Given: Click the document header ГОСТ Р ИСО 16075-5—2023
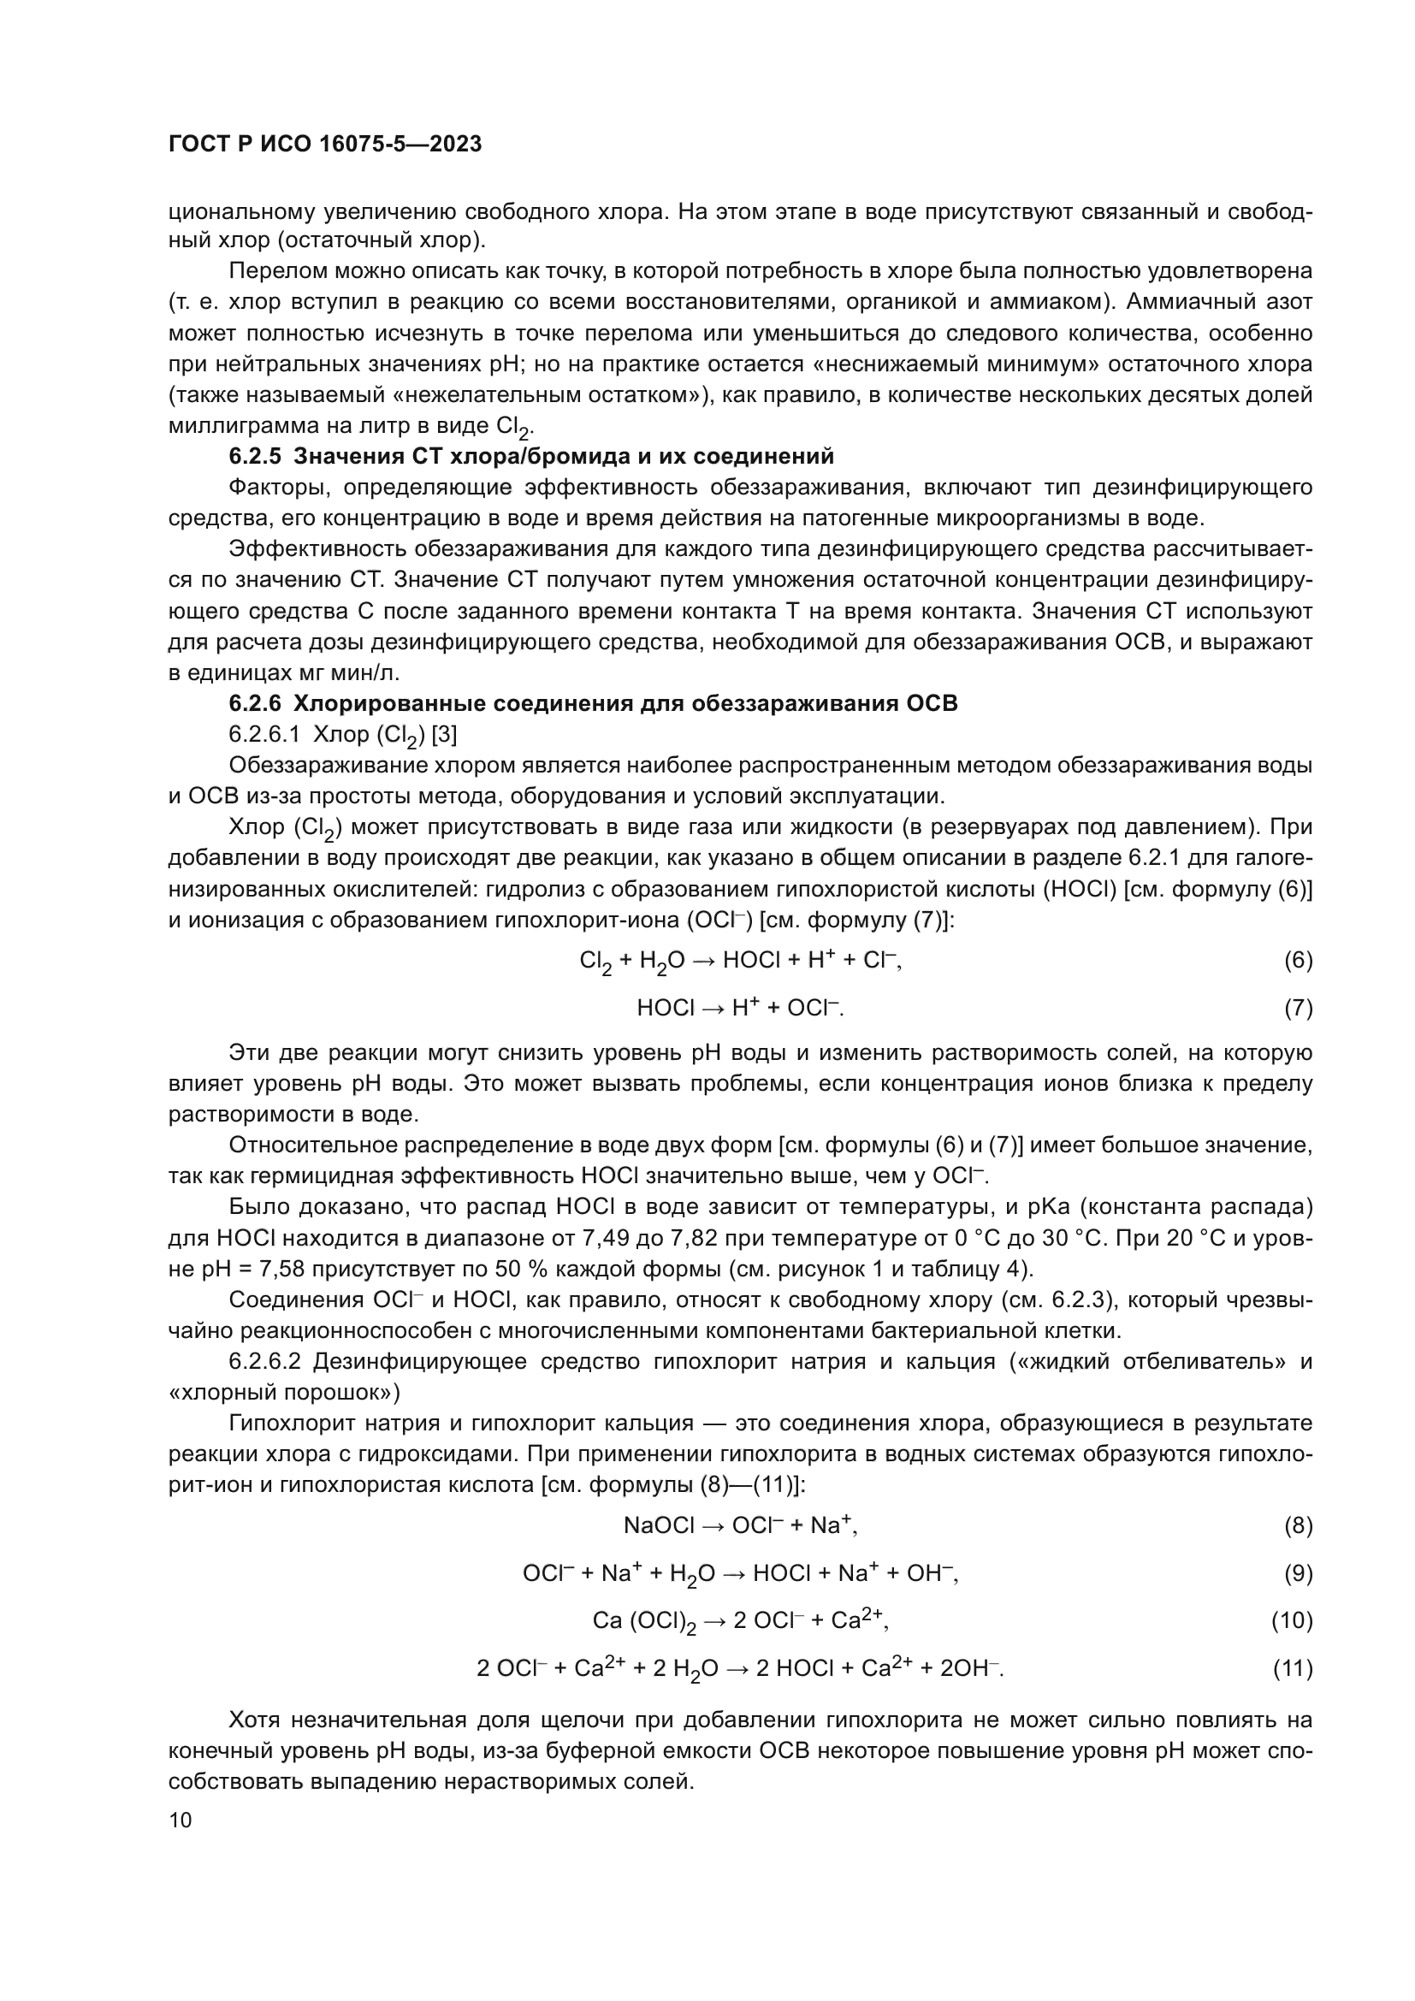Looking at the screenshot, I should tap(325, 145).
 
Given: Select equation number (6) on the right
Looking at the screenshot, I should tap(1298, 961).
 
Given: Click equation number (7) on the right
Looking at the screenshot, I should tap(1298, 1009).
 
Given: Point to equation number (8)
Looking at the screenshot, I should tap(1298, 1525).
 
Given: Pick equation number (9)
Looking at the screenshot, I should tap(1298, 1573).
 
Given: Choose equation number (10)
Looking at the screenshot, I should tap(1291, 1620).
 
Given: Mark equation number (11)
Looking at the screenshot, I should tap(1291, 1668).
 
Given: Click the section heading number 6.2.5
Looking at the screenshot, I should tap(254, 457).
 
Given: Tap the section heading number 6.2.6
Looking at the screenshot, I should tap(254, 703).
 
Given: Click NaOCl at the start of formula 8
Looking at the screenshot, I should tap(660, 1525).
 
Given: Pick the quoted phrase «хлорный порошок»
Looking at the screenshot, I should tap(284, 1392).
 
